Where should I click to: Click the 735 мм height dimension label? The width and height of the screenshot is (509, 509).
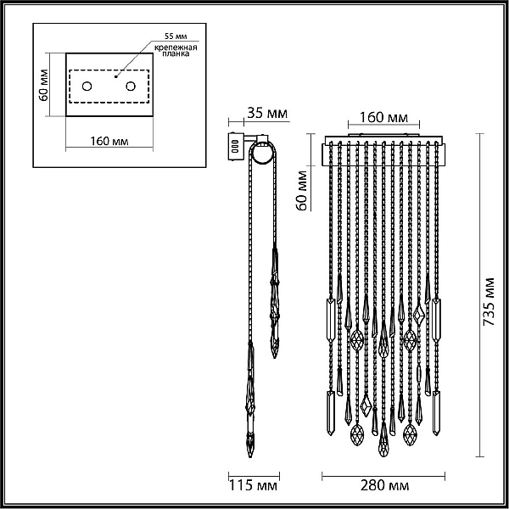pos(489,301)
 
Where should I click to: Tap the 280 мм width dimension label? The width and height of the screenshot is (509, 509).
pos(384,485)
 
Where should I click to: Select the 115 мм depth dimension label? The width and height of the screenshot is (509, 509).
pos(253,485)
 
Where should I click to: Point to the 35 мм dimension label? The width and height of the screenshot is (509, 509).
pos(267,114)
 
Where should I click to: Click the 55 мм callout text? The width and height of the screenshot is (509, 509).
pos(176,36)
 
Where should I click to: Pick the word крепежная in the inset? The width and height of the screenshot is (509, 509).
pos(176,48)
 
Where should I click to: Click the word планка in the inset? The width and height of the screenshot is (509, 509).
pos(176,54)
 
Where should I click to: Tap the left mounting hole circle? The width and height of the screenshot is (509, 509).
pos(87,87)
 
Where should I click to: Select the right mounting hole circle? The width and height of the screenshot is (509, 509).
pos(131,87)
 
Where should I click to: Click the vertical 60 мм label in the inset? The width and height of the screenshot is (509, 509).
pos(43,85)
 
